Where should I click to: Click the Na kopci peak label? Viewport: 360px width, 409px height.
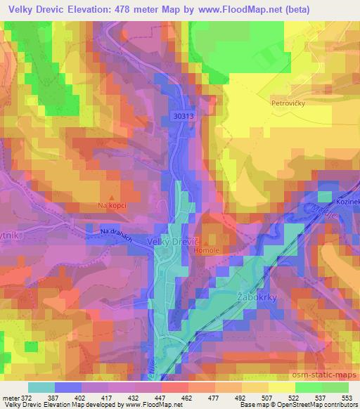[112, 206]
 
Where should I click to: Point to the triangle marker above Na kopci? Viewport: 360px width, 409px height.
[112, 197]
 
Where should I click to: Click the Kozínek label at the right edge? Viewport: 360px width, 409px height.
[347, 202]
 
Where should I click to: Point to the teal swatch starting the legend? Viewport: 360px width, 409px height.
[41, 387]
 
